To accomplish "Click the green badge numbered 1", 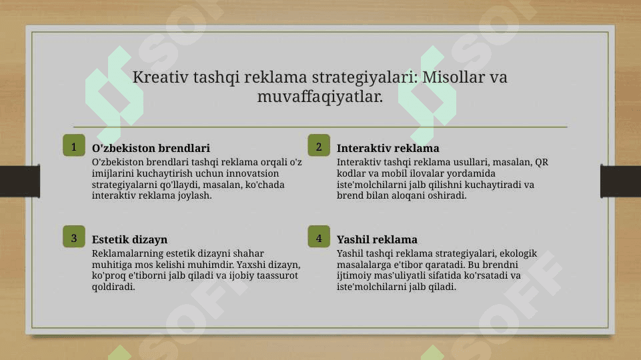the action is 74,145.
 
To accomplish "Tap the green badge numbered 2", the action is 319,145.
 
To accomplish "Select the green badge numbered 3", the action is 74,237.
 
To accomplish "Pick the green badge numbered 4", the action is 319,237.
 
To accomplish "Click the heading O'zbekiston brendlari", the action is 151,148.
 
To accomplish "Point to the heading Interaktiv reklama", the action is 388,148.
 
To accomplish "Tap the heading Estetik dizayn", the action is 129,239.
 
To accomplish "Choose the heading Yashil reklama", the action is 377,239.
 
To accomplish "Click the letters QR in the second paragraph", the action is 542,163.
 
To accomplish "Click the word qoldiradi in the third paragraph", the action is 113,287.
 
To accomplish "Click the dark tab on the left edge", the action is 20,181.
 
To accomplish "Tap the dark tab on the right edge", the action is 620,181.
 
